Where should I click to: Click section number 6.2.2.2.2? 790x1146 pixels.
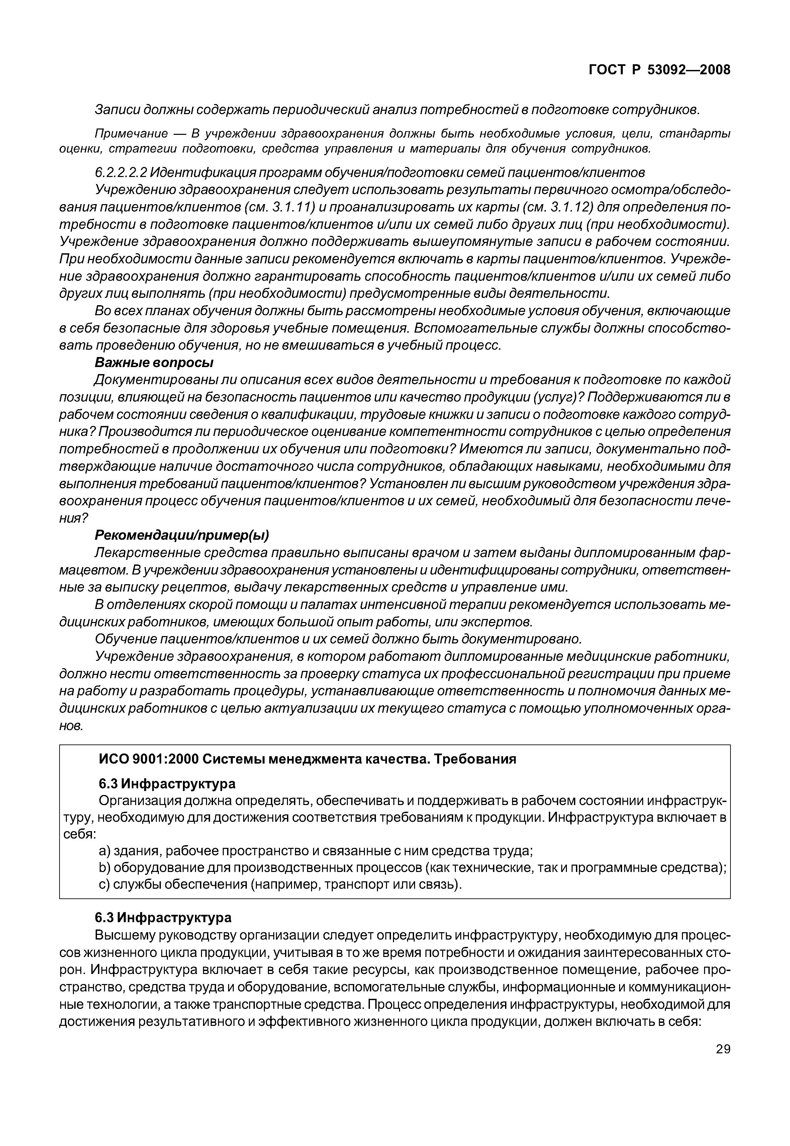click(120, 172)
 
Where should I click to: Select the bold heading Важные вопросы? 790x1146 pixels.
click(154, 362)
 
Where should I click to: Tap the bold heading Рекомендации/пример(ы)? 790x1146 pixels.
click(182, 535)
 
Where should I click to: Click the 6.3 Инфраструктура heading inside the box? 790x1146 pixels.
click(167, 784)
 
